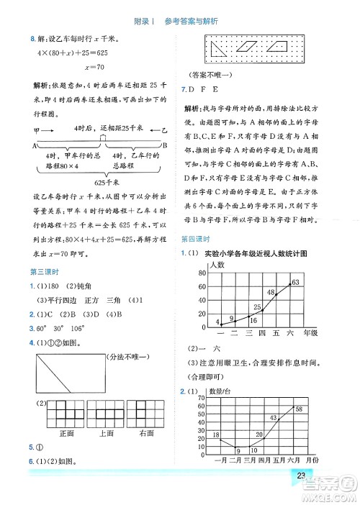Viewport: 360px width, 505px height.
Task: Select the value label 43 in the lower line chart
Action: pyautogui.click(x=273, y=418)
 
